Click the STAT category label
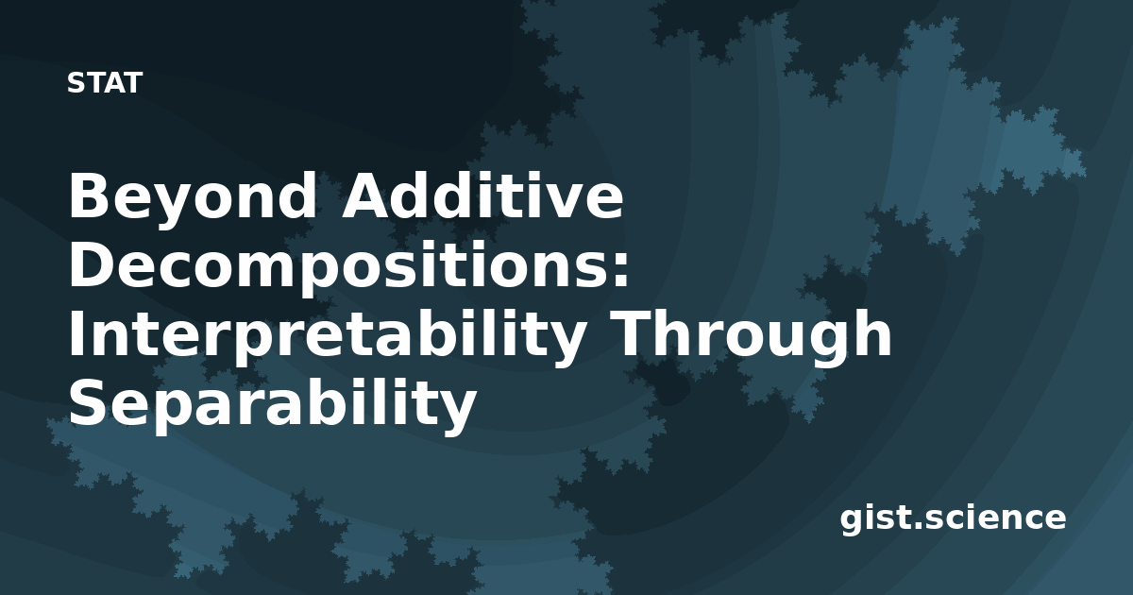pyautogui.click(x=105, y=83)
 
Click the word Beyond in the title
pyautogui.click(x=193, y=201)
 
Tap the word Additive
pyautogui.click(x=483, y=195)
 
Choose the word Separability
pyautogui.click(x=273, y=405)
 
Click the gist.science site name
pyautogui.click(x=953, y=518)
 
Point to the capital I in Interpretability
pyautogui.click(x=76, y=334)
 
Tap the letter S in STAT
pyautogui.click(x=76, y=83)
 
